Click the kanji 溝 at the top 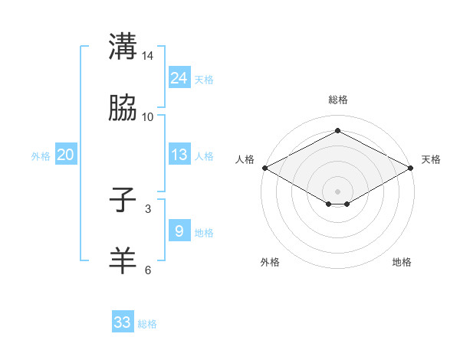tap(123, 46)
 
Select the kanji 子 tap(123, 201)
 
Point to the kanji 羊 tap(123, 261)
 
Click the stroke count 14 tap(148, 56)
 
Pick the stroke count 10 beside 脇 tap(148, 117)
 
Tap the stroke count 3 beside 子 tap(148, 209)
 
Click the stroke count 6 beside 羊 tap(148, 270)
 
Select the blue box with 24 tap(179, 77)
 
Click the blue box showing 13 tap(179, 155)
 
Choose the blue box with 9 tap(179, 231)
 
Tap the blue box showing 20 tap(65, 155)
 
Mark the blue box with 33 tap(123, 322)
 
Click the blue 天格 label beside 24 tap(204, 80)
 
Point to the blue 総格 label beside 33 tap(147, 324)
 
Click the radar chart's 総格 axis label tap(337, 100)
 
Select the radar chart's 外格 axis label tap(270, 263)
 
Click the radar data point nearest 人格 tap(264, 168)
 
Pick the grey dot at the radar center tap(337, 190)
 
